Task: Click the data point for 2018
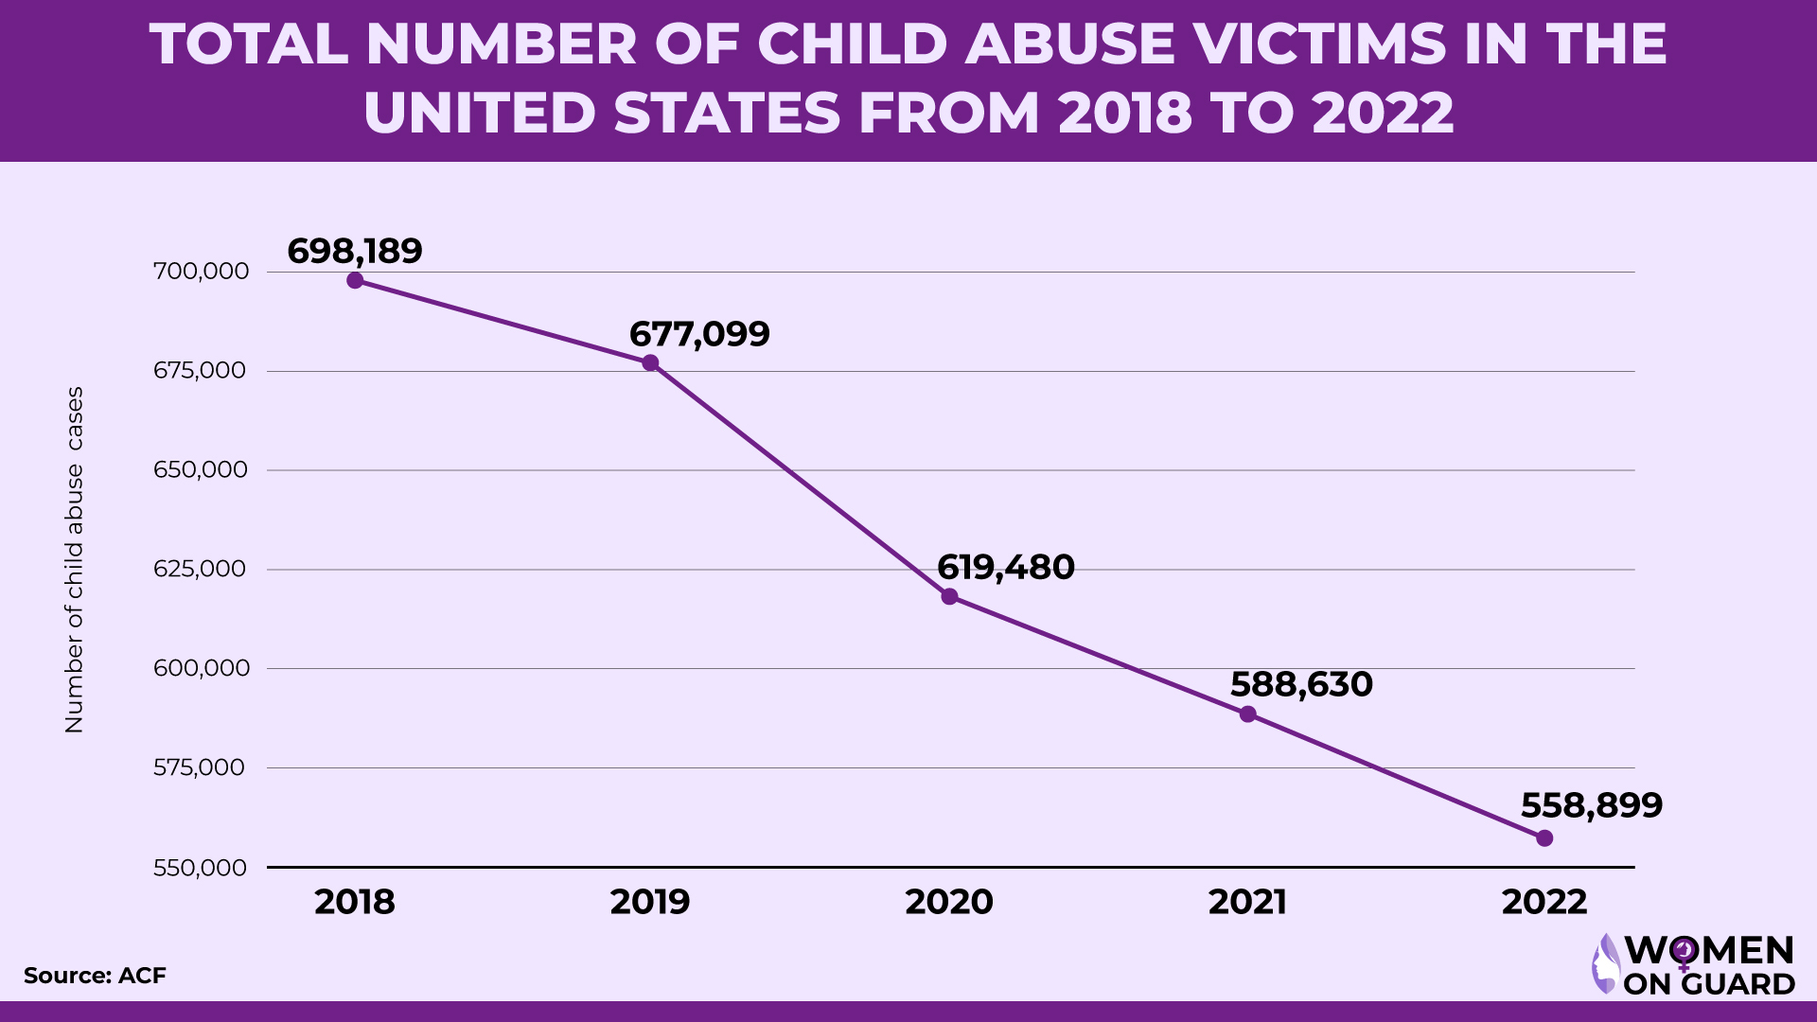tap(355, 280)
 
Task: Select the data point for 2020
tap(949, 596)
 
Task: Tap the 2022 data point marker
tap(1544, 837)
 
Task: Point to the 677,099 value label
tap(699, 334)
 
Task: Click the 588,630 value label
tap(1301, 684)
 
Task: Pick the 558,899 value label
tap(1591, 805)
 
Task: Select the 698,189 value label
tap(355, 251)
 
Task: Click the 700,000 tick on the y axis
tap(201, 272)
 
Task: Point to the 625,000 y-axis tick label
tap(200, 569)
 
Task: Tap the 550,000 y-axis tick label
tap(200, 868)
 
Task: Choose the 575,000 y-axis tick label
tap(200, 767)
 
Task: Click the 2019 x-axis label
tap(650, 902)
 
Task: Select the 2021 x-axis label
tap(1247, 902)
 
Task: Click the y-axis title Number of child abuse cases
tap(74, 559)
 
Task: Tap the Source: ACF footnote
tap(95, 976)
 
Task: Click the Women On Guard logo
tap(1693, 965)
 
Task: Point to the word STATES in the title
tap(727, 113)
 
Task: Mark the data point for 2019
tap(650, 363)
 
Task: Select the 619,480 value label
tap(1005, 568)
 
